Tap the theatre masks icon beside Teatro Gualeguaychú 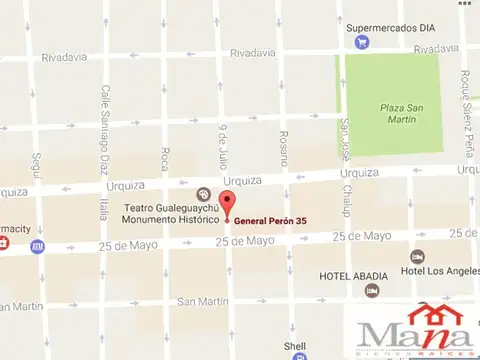(204, 194)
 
